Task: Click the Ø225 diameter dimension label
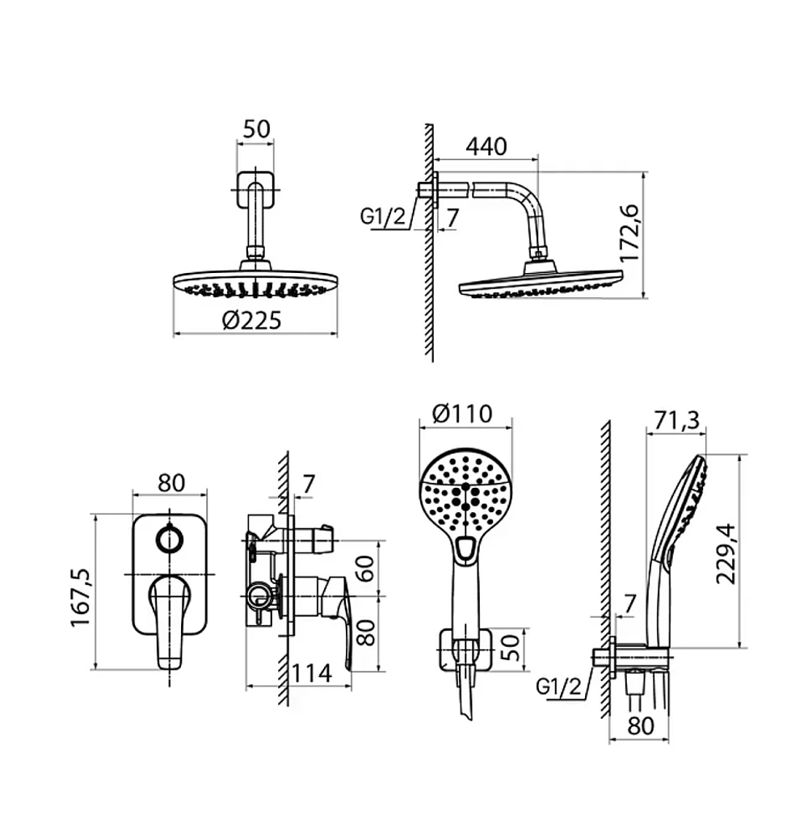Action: pos(252,321)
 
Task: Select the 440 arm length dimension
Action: pos(486,146)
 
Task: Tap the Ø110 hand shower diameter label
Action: pos(462,414)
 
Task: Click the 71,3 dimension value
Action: pos(677,420)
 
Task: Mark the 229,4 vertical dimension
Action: pos(726,554)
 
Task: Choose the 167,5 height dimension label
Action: pos(81,597)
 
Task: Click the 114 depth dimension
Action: pos(312,674)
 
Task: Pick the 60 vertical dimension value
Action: pos(365,569)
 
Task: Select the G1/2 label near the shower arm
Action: pos(383,216)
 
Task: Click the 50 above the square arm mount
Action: pos(256,129)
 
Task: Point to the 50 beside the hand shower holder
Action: pos(511,647)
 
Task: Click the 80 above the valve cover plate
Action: pos(171,482)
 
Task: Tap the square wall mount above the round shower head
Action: pos(255,189)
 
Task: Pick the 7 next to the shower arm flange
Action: pos(452,217)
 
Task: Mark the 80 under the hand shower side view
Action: pos(641,725)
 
